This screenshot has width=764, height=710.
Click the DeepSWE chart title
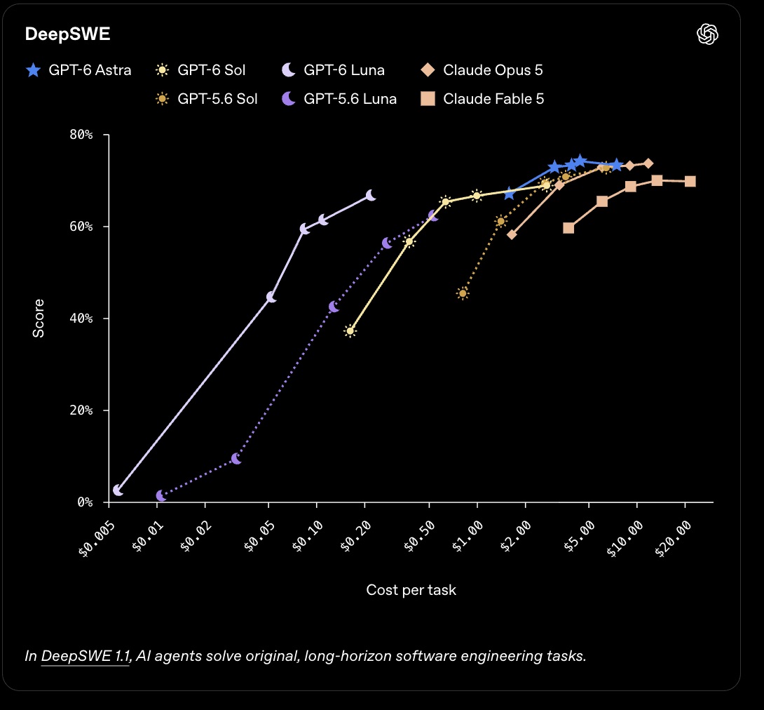click(x=68, y=34)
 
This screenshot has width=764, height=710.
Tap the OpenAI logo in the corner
click(x=707, y=34)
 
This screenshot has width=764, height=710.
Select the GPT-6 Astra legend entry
click(x=79, y=70)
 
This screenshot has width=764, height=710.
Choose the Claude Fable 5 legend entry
click(x=482, y=99)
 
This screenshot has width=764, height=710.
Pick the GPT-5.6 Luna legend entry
click(x=339, y=99)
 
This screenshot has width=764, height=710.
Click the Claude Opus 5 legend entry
click(x=482, y=70)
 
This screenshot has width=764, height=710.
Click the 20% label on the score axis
click(x=81, y=410)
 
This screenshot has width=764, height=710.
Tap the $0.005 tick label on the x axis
click(x=97, y=538)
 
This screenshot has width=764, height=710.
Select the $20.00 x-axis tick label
click(x=673, y=538)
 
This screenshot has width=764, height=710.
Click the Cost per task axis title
click(x=411, y=590)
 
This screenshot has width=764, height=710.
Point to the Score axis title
click(x=39, y=318)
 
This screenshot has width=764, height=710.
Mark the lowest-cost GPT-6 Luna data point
click(x=118, y=490)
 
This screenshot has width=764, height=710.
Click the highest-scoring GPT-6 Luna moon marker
click(x=371, y=196)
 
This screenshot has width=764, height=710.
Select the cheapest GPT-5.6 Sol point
click(x=463, y=293)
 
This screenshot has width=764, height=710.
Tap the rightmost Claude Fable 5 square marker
click(x=690, y=182)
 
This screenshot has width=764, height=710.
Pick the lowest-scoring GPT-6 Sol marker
click(x=350, y=331)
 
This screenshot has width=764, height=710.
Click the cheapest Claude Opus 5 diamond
click(x=512, y=234)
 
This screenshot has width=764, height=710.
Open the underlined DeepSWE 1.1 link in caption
click(x=86, y=657)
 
